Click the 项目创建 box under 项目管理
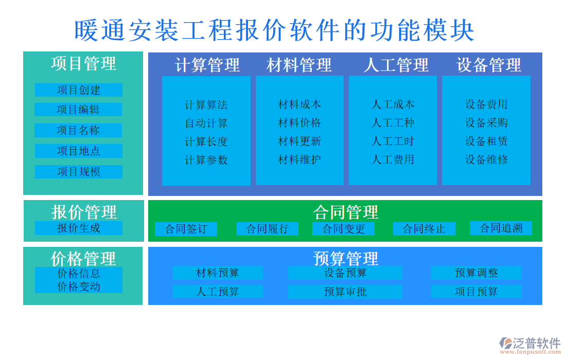(78, 90)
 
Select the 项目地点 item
(78, 151)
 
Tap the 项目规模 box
(78, 172)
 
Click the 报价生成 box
(78, 228)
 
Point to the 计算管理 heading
(207, 65)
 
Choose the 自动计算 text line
(206, 123)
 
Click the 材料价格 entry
(299, 123)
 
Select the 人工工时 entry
(393, 141)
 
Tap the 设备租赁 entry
(486, 141)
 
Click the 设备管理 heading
(488, 65)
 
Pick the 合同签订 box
(186, 229)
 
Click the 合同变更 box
(343, 229)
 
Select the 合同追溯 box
(501, 228)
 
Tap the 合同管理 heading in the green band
(345, 212)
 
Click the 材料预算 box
(217, 273)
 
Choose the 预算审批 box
(345, 292)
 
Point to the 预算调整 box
(476, 273)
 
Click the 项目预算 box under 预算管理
(476, 292)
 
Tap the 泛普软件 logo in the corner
(530, 344)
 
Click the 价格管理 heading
(83, 258)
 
